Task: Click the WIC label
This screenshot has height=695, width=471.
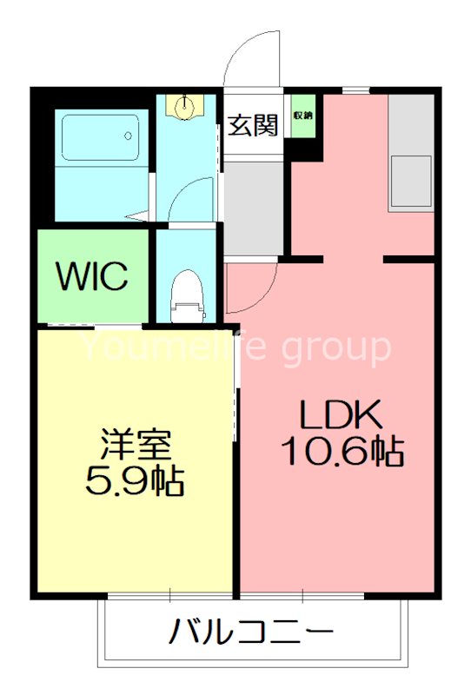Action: click(x=93, y=276)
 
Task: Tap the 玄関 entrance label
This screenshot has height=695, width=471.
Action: click(x=253, y=125)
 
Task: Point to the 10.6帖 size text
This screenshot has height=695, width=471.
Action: click(x=340, y=451)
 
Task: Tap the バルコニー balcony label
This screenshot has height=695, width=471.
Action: click(x=250, y=632)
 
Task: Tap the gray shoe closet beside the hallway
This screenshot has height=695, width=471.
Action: click(x=255, y=208)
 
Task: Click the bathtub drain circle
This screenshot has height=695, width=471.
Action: click(x=129, y=136)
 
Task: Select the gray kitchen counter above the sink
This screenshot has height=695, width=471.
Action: click(x=410, y=122)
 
